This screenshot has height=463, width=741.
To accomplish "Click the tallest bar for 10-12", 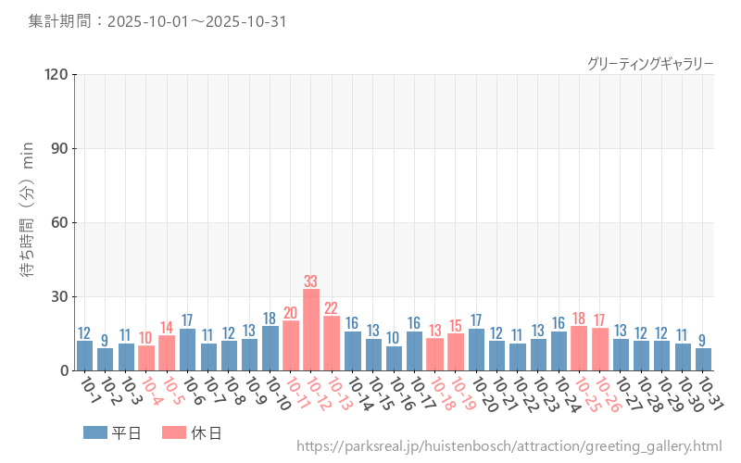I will coord(311,331).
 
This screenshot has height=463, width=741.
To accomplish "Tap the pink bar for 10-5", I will coord(167,354).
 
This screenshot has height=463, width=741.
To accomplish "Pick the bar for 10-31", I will coord(703,359).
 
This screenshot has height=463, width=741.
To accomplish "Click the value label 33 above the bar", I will coord(311,282).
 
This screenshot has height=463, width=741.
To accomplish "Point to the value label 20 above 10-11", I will coord(291,313).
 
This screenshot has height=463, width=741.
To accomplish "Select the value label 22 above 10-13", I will coord(332,308).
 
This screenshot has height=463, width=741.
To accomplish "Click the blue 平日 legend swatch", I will coord(94,432).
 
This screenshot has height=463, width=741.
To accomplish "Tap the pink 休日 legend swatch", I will coord(173,432).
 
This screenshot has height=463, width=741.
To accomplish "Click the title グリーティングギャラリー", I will coord(650,64).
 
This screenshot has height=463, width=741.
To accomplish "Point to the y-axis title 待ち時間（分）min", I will coord(29,222).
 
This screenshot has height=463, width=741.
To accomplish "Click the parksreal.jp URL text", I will coord(509,446).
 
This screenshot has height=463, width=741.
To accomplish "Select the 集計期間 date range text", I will coord(157,21).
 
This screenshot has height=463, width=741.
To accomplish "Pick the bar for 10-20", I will coord(476,350).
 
